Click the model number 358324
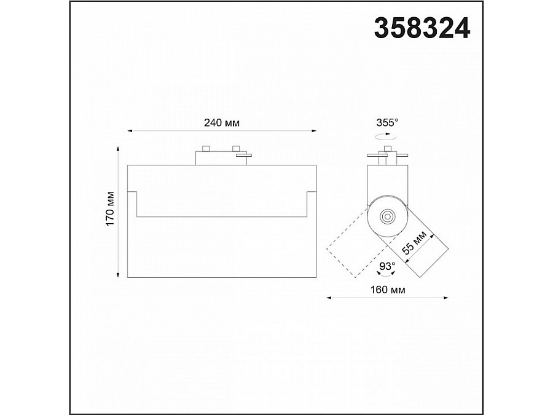coord(422,28)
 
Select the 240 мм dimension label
coord(222,123)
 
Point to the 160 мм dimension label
coord(388,290)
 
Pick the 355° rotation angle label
coord(387,123)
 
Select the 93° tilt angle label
coord(387,266)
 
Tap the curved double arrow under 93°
coord(386,273)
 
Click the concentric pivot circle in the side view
coord(388,216)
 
